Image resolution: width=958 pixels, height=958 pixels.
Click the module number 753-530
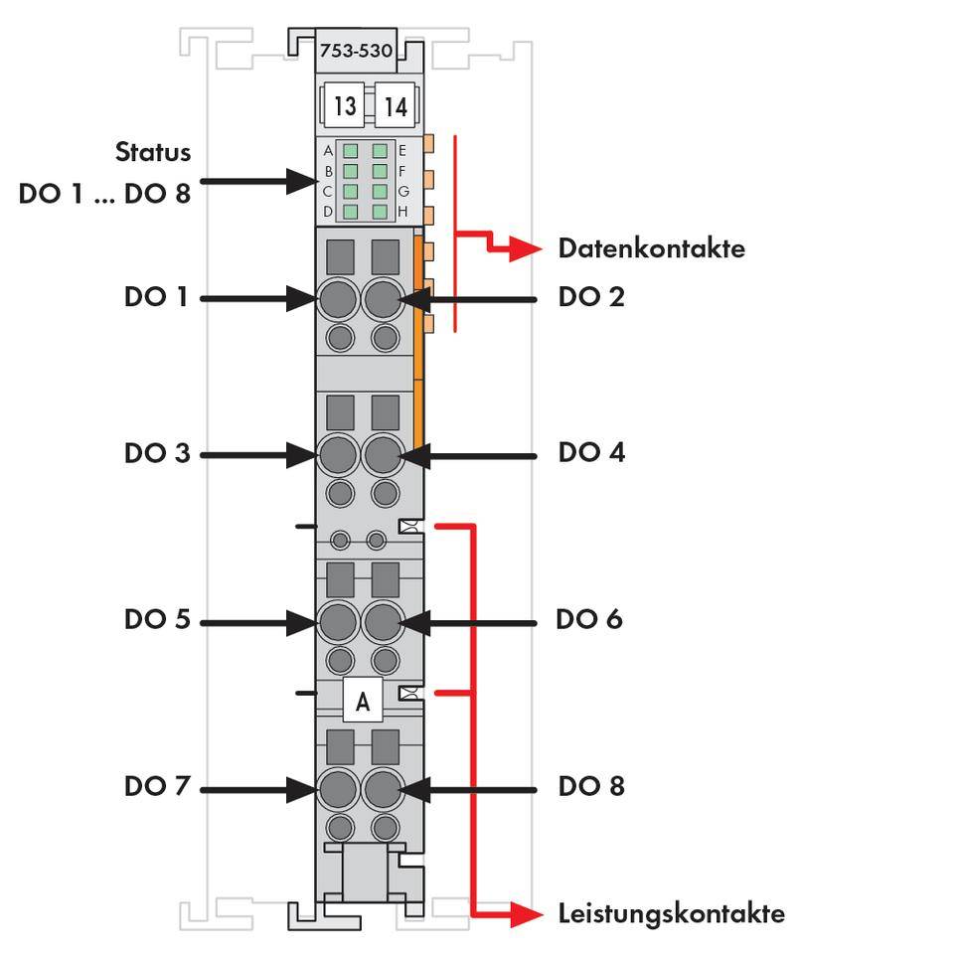pos(355,51)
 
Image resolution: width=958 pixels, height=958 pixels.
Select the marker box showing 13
pos(344,105)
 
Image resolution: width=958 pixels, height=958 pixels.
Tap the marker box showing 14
pos(395,105)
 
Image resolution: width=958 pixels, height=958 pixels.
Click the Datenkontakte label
pos(651,248)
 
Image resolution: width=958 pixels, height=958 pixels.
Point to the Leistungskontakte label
pos(671,913)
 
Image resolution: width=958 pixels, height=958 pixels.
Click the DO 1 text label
pos(156,297)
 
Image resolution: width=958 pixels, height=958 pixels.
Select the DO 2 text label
pos(591,297)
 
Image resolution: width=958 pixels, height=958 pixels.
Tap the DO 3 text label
pos(156,453)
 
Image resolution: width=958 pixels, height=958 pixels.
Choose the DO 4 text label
pos(591,453)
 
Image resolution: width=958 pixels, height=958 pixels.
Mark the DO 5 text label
pos(156,619)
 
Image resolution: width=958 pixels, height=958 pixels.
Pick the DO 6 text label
pos(589,619)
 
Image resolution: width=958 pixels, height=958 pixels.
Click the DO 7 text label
pos(156,786)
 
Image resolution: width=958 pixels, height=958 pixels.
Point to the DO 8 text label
pos(591,786)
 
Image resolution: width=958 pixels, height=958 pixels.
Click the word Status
pos(153,152)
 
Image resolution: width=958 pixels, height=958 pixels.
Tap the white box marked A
pos(363,702)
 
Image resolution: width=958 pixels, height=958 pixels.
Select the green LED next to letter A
pos(350,151)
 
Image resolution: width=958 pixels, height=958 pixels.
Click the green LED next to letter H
pos(380,211)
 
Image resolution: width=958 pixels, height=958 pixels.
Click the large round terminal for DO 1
pos(338,297)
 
